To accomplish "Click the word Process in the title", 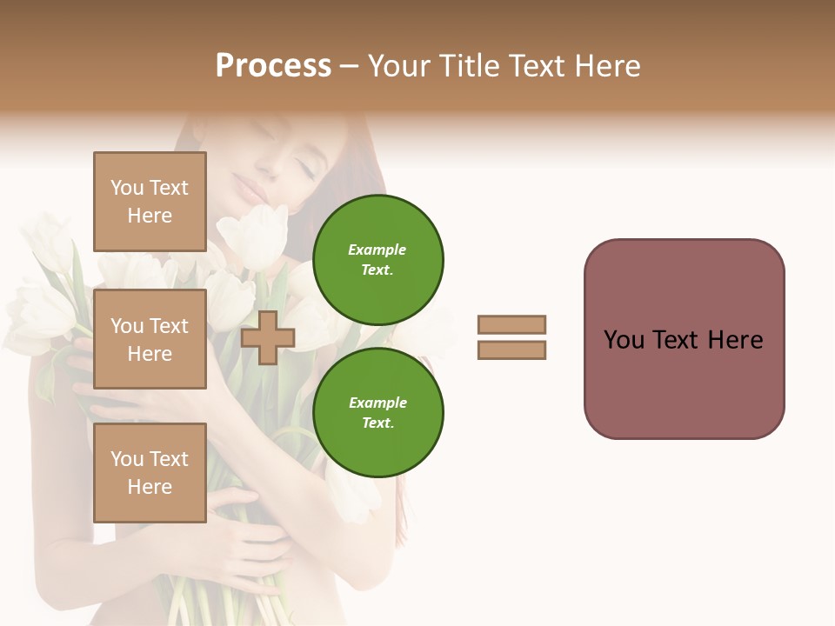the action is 273,66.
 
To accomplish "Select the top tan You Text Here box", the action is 150,202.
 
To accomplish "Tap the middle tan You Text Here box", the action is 150,339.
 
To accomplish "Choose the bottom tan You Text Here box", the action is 150,472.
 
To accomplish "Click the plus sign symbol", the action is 267,337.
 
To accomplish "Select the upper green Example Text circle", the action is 377,259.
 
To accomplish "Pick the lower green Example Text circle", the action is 377,412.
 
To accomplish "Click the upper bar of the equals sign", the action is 511,324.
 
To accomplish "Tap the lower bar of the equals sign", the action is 511,350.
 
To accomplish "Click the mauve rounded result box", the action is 684,338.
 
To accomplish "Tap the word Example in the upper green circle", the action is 377,250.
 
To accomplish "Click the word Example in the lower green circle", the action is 377,403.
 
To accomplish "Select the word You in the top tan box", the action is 127,188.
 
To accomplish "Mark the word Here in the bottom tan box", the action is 150,487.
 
